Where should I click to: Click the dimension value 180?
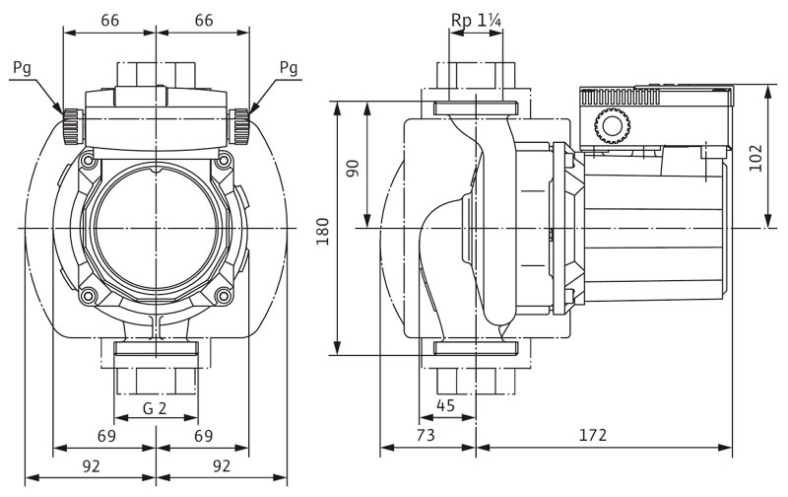pos(322,228)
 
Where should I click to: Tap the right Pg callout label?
pos(288,68)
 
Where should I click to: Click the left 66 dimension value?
pos(109,19)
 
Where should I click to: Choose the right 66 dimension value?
pos(204,19)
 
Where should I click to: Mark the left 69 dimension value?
pos(107,435)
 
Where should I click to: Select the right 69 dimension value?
pos(203,435)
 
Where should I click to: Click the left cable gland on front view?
pos(72,125)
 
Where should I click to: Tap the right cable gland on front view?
pos(239,125)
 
